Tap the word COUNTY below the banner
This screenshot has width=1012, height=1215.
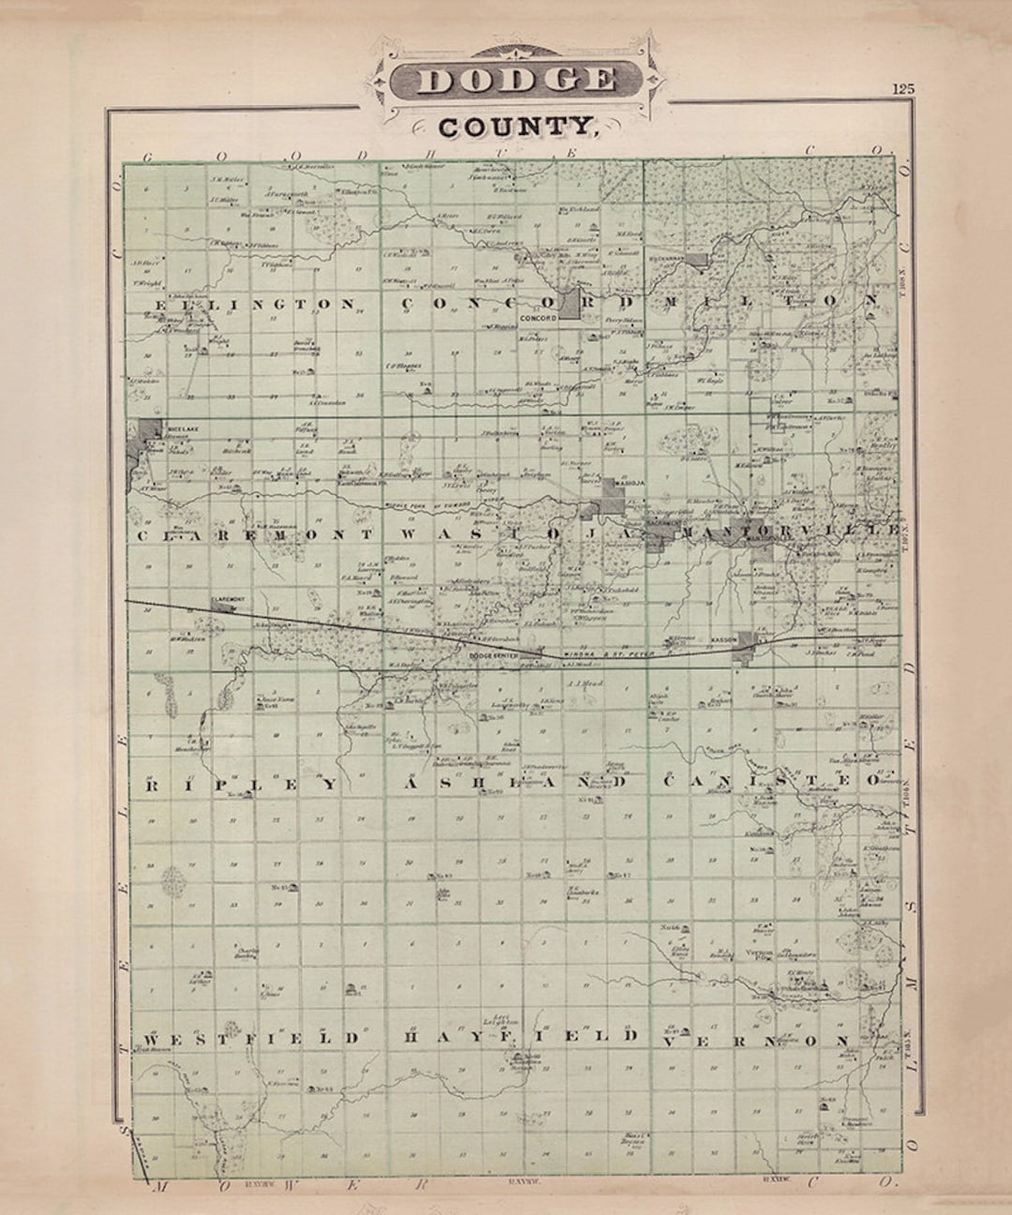[x=516, y=125]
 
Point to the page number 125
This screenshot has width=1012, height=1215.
[x=902, y=89]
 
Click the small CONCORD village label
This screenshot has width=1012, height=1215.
[x=538, y=319]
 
